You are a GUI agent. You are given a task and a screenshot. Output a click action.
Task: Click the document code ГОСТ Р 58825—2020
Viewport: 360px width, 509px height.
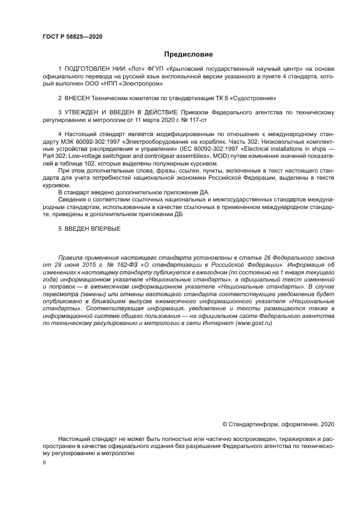tap(72, 37)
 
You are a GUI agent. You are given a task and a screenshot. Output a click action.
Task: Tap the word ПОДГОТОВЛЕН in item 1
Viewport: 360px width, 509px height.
tap(89, 69)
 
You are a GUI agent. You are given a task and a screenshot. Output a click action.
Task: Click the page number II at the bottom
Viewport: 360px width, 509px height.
tap(44, 462)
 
